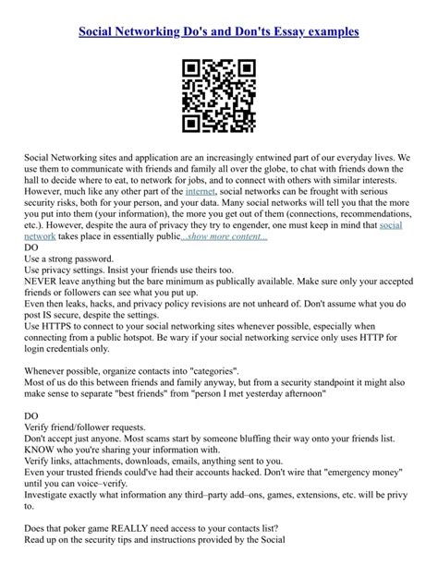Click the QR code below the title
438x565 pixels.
(218, 95)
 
